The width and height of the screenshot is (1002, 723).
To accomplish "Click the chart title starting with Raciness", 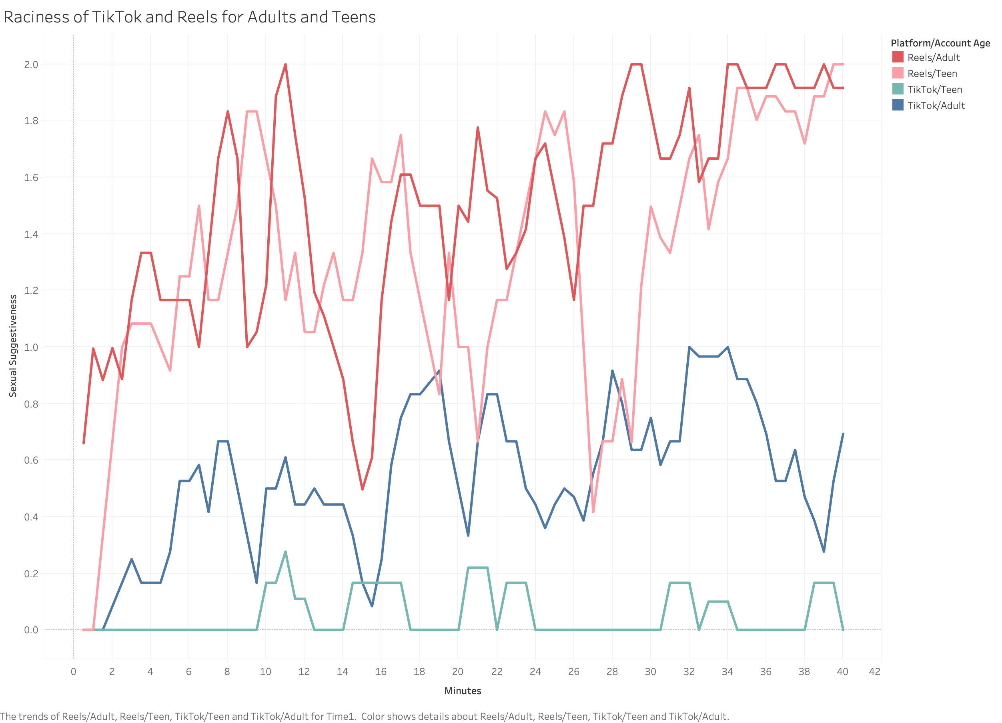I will [190, 17].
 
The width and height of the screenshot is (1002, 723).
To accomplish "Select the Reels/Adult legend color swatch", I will [897, 57].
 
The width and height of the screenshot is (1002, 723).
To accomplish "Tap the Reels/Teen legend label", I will [932, 73].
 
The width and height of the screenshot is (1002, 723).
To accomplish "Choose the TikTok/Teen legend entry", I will [934, 89].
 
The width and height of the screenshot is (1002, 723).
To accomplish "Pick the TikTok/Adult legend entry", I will [936, 105].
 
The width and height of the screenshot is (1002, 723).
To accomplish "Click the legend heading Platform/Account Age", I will [940, 43].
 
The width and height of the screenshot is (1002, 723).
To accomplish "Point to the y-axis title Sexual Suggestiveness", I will [13, 345].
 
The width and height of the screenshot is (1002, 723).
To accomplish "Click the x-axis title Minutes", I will [463, 691].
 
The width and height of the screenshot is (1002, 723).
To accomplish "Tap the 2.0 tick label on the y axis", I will [31, 64].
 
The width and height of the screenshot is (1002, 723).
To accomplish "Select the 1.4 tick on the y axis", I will [31, 234].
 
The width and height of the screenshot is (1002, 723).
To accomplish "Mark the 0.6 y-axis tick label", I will [31, 460].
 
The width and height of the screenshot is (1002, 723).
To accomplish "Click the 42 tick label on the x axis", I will [874, 672].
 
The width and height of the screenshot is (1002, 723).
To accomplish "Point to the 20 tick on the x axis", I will [458, 672].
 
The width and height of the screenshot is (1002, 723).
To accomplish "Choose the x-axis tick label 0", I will [73, 672].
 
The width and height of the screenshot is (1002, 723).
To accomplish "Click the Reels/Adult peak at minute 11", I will [285, 64].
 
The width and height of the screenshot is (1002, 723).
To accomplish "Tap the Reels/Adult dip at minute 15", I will [362, 489].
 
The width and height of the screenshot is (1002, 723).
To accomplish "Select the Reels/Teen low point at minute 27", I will [593, 512].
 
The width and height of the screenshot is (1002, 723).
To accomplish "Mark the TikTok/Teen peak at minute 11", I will [285, 552].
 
